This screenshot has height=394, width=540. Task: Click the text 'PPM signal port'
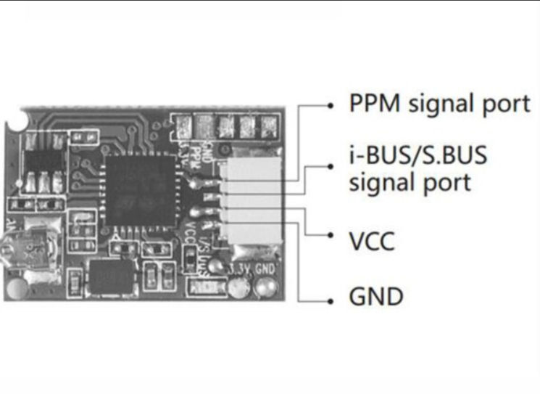point(440,104)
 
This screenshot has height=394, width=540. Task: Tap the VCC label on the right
point(372,241)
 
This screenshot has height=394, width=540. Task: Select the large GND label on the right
point(376,297)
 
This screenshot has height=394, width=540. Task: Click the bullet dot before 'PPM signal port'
point(331,106)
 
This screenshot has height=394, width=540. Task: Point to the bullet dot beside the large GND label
point(331,298)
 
